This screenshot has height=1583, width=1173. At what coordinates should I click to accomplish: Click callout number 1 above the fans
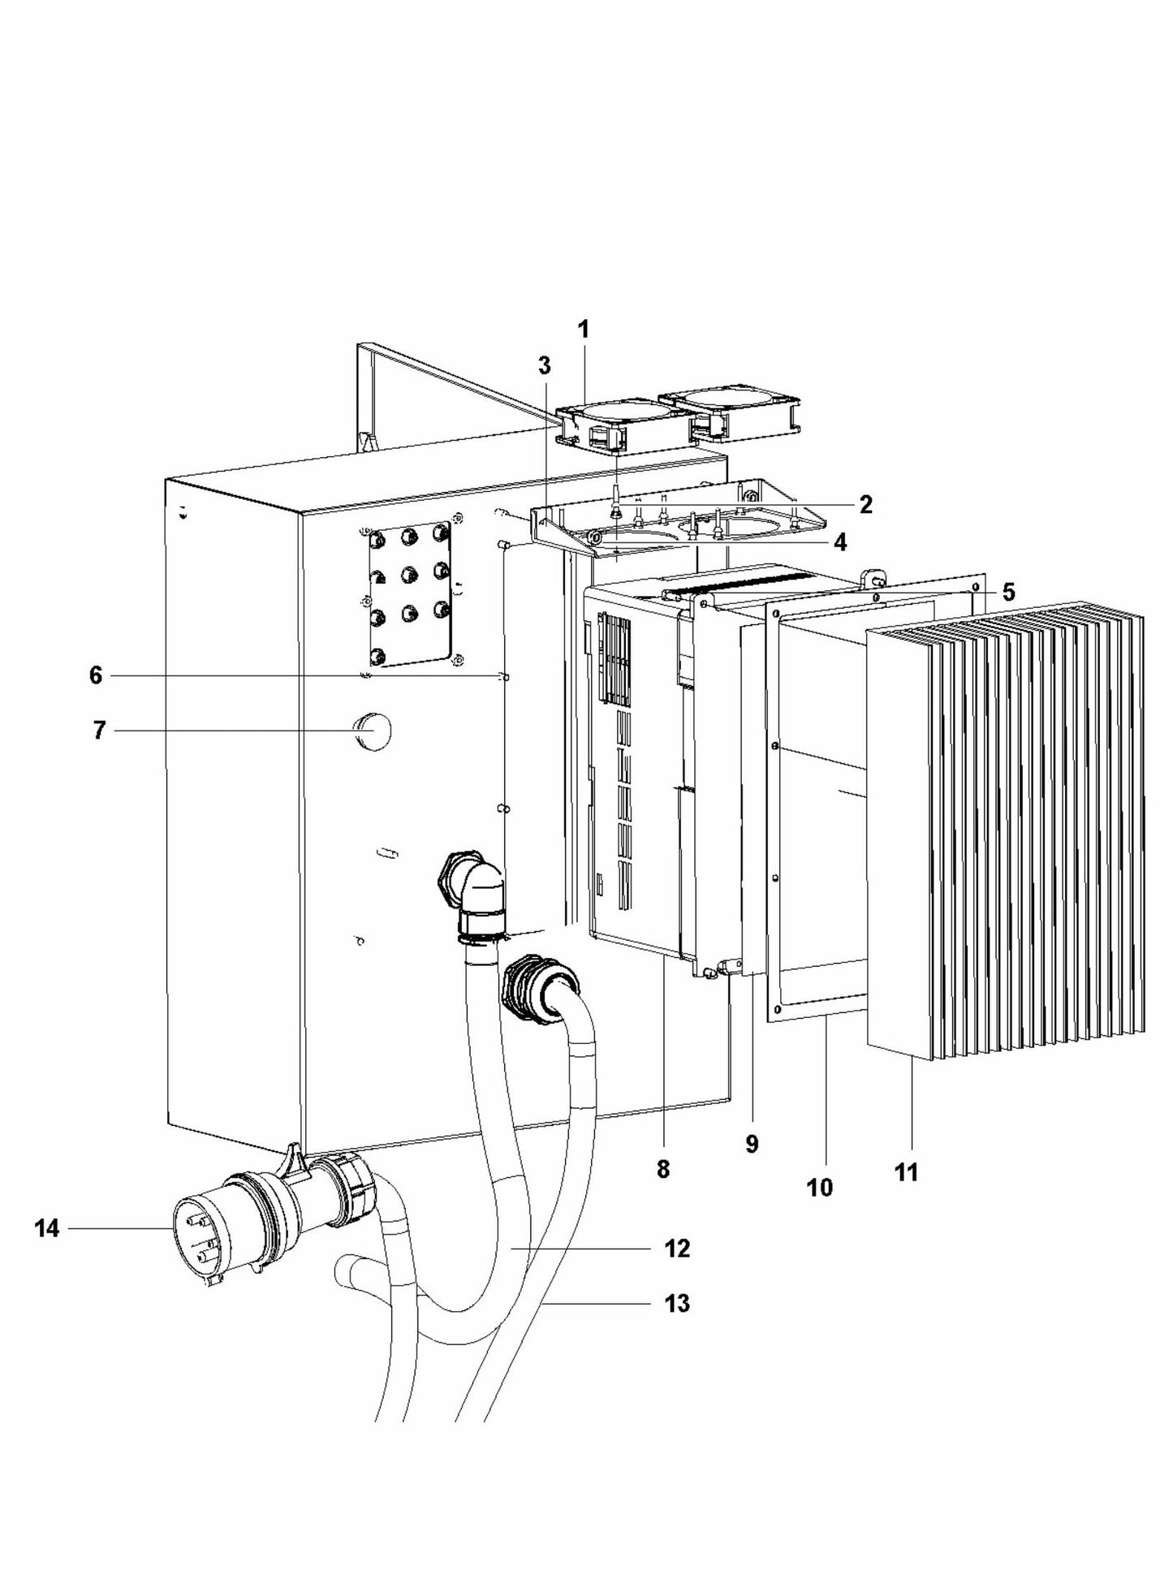[583, 330]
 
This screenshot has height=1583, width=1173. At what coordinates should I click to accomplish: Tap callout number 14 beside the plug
[47, 1229]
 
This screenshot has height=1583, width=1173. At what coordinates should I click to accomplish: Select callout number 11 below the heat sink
[906, 1172]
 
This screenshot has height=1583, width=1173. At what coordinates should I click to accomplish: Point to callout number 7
[99, 731]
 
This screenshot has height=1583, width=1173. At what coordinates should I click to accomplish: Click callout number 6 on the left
[96, 675]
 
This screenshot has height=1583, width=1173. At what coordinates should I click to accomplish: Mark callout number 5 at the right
[1008, 593]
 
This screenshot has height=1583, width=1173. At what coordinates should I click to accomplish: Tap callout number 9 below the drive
[752, 1145]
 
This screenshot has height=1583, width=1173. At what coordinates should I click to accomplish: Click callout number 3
[544, 365]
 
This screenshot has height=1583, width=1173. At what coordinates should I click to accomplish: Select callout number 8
[663, 1170]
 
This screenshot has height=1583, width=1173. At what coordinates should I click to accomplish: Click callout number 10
[820, 1188]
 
